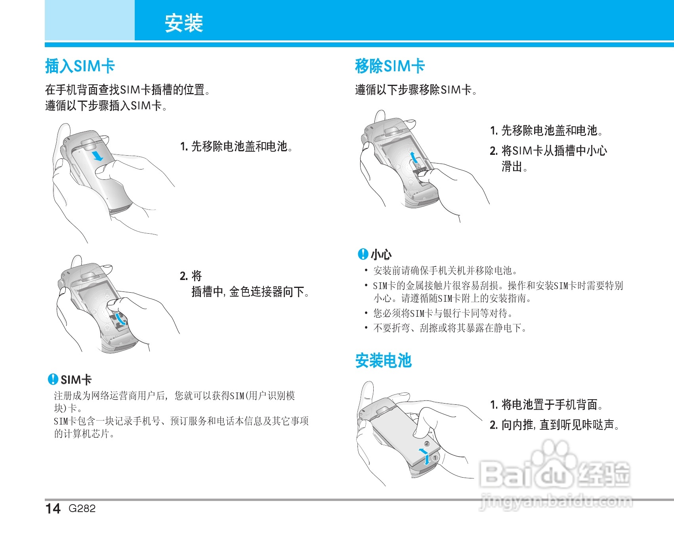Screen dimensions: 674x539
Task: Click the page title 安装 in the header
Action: click(x=184, y=23)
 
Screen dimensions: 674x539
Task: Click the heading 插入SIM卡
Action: click(x=80, y=66)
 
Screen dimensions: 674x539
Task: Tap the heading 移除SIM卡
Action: click(x=390, y=66)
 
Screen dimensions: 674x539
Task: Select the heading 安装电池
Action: click(x=383, y=361)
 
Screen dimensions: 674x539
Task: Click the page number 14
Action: click(x=53, y=509)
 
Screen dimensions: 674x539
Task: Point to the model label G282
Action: click(x=82, y=509)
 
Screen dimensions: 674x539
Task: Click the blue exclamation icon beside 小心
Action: click(x=363, y=254)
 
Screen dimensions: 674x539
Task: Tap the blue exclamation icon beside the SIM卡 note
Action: click(x=53, y=379)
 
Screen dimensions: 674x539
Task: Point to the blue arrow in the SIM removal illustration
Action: click(x=414, y=157)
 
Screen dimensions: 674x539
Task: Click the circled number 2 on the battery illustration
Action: click(x=427, y=444)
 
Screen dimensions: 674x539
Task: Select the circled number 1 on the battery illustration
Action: click(x=435, y=458)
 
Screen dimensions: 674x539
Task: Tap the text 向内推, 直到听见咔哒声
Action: click(x=560, y=425)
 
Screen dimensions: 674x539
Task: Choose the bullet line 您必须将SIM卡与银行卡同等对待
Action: click(x=443, y=313)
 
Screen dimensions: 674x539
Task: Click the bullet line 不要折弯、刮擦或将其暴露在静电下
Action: click(x=450, y=328)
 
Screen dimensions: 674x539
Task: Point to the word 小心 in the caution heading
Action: click(x=381, y=254)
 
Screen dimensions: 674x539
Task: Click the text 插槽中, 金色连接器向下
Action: click(x=250, y=292)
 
